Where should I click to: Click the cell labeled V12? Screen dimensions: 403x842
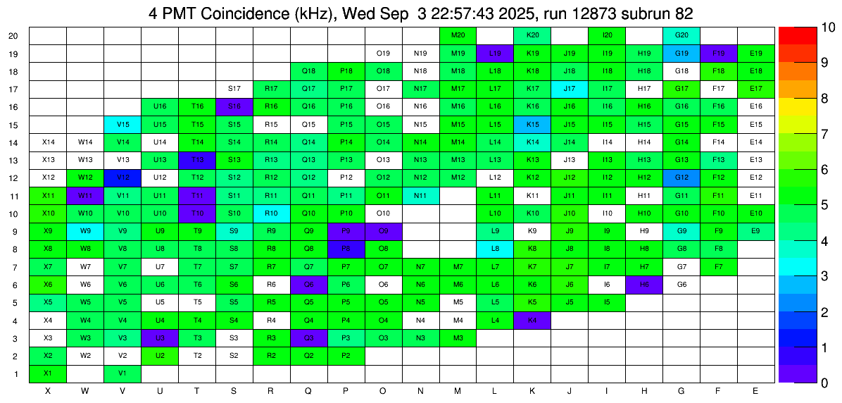coord(122,177)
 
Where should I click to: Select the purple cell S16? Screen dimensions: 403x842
coord(234,106)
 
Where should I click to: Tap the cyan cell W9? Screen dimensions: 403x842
coord(85,230)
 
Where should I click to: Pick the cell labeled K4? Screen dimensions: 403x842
coord(532,321)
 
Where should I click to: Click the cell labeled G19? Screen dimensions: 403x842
coord(681,53)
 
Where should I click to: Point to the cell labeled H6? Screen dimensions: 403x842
coord(643,284)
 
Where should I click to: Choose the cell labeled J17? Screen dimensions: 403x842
coord(570,88)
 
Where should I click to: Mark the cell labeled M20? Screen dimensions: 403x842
coord(458,35)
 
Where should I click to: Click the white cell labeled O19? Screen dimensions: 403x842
coord(383,53)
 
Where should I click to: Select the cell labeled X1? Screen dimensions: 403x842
coord(48,373)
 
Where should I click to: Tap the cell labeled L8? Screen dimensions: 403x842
coord(495,248)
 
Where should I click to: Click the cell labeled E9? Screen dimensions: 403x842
coord(755,230)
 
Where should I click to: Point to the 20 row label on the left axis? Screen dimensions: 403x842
coord(14,35)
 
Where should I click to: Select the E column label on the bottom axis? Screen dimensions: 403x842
coord(755,390)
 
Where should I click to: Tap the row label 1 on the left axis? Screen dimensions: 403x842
coord(17,373)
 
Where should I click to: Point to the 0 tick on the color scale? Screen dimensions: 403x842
coord(806,383)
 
